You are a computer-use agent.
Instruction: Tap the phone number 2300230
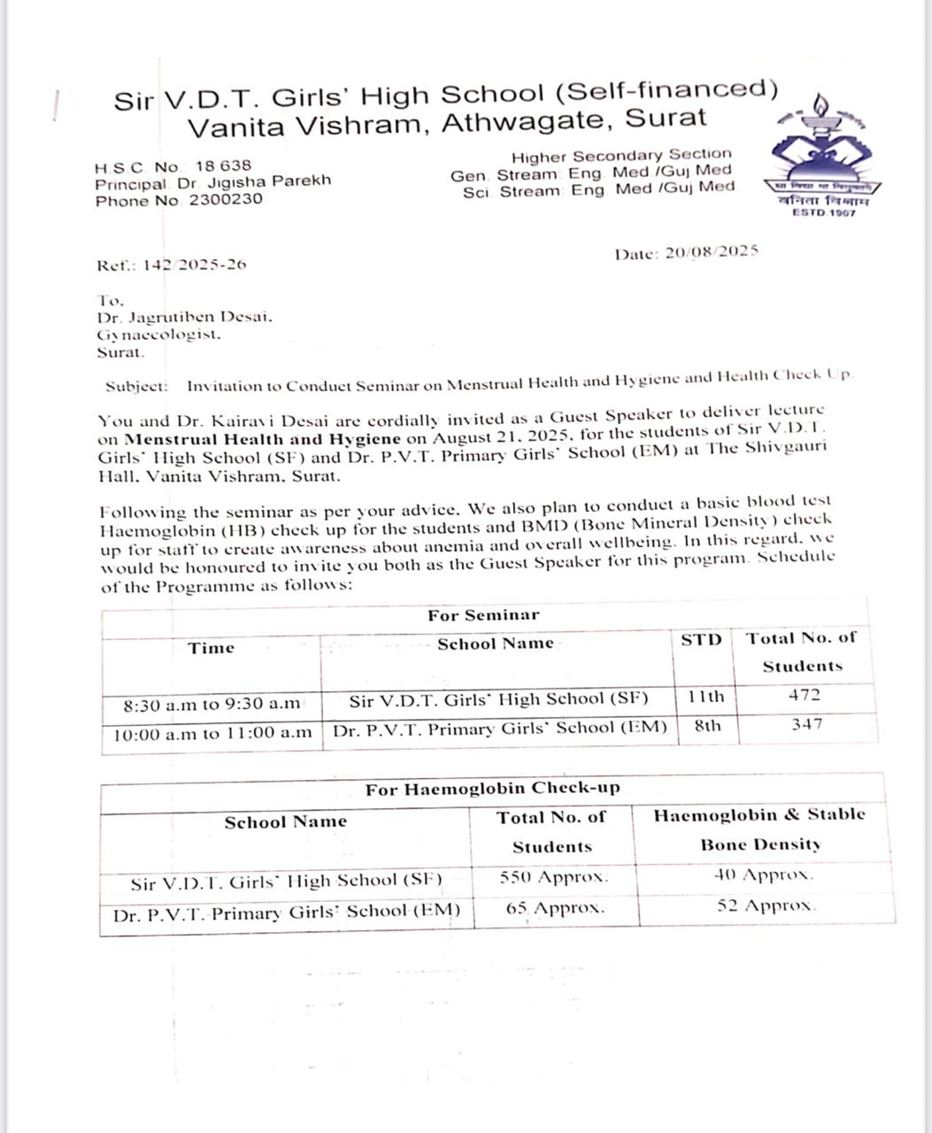225,199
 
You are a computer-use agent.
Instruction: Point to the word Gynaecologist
159,335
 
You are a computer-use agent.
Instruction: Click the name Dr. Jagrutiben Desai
185,317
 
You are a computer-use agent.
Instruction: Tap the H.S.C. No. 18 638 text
173,166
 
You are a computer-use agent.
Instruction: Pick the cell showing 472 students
804,696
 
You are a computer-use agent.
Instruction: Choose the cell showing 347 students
805,724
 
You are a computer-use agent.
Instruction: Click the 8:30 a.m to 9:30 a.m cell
212,705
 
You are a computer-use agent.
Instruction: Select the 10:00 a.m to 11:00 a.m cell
212,733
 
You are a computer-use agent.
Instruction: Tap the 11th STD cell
705,697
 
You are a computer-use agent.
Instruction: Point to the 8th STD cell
706,726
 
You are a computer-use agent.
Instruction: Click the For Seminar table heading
483,615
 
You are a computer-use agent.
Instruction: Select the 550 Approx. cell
554,877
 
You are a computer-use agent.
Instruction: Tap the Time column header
211,648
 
